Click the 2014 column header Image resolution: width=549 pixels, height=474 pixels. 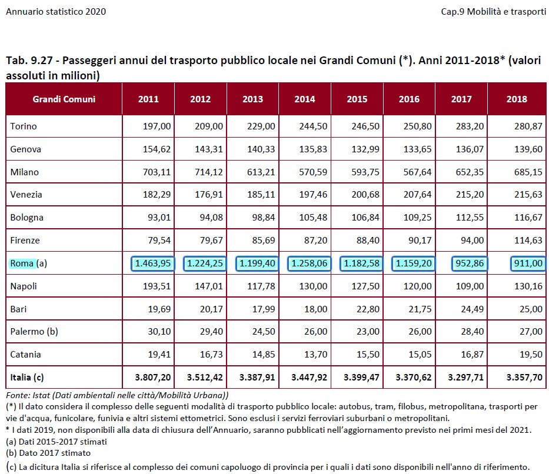305,99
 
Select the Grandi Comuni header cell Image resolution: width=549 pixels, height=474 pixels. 64,99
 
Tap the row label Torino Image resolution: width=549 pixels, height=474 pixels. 24,126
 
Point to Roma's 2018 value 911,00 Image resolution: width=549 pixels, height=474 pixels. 527,263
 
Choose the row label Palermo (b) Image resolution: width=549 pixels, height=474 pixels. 34,332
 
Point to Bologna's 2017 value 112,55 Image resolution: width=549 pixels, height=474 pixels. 471,218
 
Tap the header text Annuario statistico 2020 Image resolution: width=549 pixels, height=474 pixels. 56,12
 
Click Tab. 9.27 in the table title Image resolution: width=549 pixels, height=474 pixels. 29,61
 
